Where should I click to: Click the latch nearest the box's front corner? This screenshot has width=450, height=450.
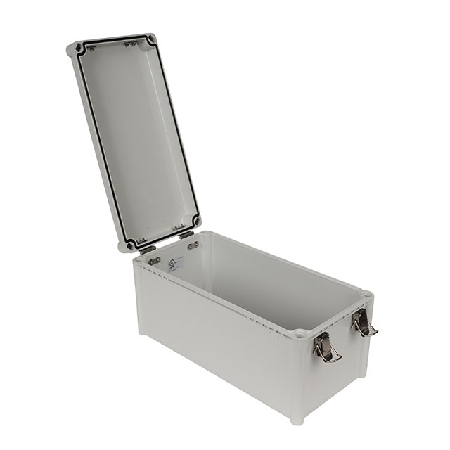point(324,347)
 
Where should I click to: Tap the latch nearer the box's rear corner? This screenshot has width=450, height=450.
point(363,323)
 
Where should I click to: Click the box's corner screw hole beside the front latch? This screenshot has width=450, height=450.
point(301,332)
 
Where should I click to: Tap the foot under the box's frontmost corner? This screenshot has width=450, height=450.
point(297,420)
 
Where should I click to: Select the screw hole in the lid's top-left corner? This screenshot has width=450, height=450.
point(77,49)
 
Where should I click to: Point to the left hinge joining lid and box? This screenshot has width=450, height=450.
point(149,248)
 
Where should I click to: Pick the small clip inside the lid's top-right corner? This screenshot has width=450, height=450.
point(130,44)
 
